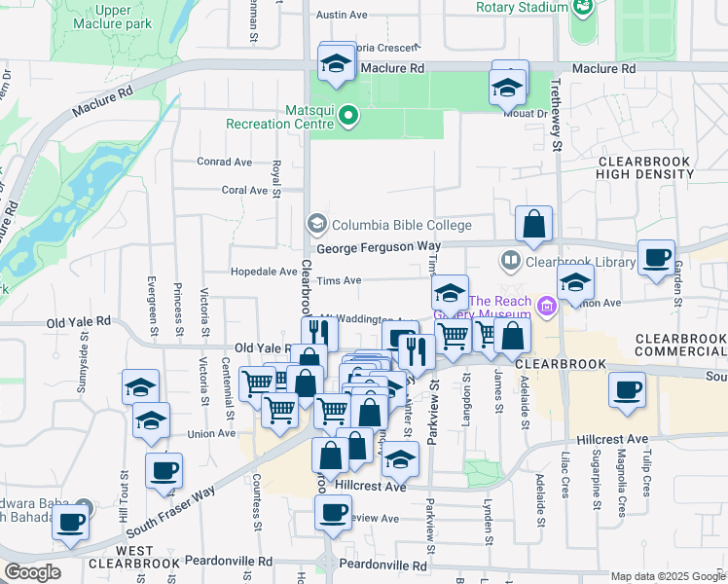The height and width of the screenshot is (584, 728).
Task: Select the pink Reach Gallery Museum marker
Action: click(x=547, y=308)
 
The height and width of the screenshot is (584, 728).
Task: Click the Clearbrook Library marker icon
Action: click(x=511, y=261)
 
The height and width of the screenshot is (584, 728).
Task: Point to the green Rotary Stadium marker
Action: click(x=582, y=8)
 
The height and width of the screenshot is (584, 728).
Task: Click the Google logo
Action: click(x=32, y=572)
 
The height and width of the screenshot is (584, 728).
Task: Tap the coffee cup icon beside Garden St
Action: click(x=657, y=258)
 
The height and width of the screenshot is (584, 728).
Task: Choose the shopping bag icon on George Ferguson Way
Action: click(x=534, y=225)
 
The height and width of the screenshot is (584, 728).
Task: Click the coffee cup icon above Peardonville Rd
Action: click(x=334, y=512)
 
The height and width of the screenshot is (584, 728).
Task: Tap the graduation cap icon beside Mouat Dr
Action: click(x=507, y=89)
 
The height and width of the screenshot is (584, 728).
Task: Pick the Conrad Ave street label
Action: click(x=224, y=162)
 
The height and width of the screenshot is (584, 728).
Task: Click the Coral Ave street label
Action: click(x=244, y=190)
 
